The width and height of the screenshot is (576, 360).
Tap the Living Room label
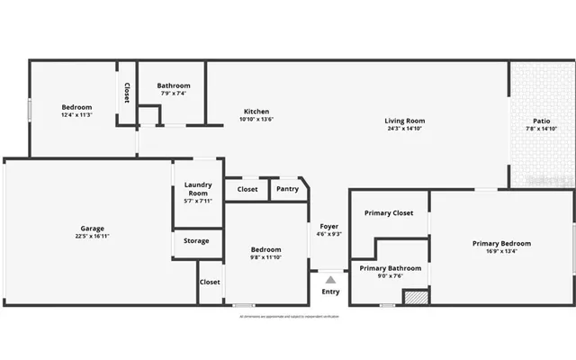tap(404, 121)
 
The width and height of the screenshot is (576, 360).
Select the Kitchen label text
tap(256, 112)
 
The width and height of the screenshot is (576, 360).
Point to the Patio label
tap(541, 121)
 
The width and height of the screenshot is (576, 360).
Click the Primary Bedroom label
tap(501, 243)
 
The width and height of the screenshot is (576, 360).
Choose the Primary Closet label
tap(389, 213)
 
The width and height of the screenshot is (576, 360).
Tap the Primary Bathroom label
tap(391, 268)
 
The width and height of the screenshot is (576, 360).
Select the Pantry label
tap(287, 189)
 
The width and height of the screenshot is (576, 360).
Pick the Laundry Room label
tap(198, 189)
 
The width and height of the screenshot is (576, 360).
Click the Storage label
tap(196, 241)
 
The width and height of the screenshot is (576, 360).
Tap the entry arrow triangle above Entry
tap(330, 280)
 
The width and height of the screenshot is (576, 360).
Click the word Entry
tap(330, 292)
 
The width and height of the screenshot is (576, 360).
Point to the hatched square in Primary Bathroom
tap(415, 297)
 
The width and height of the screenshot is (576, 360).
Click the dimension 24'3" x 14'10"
tap(404, 129)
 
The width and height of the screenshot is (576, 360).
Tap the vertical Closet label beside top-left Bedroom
tap(127, 94)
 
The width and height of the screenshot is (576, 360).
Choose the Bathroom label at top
tap(173, 85)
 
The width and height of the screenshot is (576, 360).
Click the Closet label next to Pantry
tap(247, 189)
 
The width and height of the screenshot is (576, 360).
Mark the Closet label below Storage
tap(210, 282)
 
